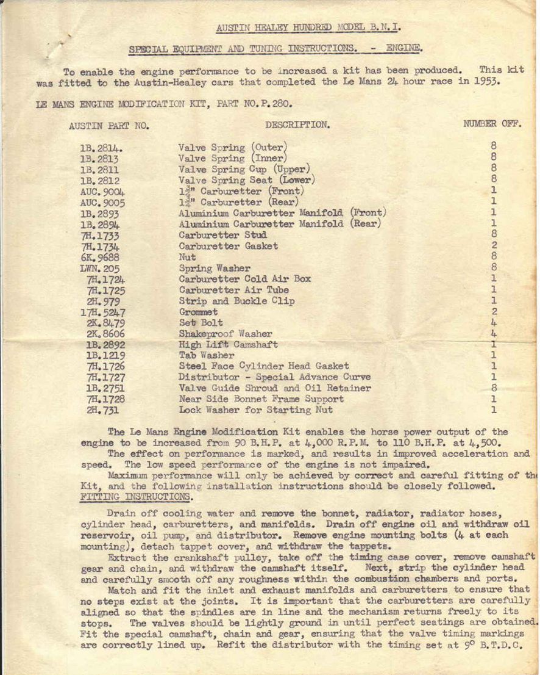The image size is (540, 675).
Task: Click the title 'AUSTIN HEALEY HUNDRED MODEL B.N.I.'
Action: (x=308, y=27)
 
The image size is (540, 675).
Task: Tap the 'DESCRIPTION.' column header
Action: (x=297, y=125)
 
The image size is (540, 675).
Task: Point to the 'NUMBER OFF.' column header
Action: (x=492, y=124)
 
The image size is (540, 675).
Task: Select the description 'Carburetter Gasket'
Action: (x=228, y=246)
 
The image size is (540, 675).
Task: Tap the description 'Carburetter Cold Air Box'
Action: (x=244, y=279)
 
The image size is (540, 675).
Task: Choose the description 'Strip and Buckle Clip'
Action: (x=236, y=301)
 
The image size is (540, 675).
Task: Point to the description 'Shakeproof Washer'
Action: (x=226, y=334)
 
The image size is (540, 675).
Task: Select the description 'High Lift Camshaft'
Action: (x=228, y=345)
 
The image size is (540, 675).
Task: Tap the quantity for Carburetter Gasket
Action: (x=494, y=245)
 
